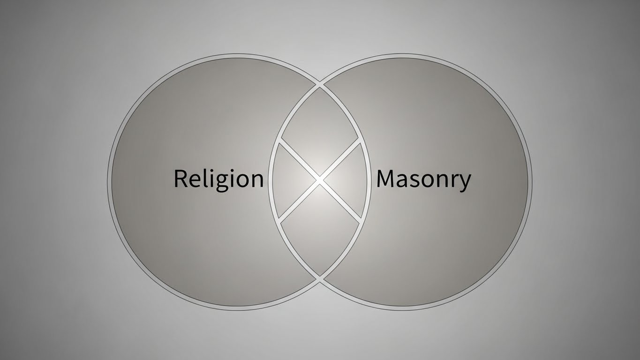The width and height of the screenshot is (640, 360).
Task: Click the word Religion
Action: click(218, 179)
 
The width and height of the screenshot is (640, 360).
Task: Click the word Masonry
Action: click(423, 179)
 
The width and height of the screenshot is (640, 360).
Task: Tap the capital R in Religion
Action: click(181, 179)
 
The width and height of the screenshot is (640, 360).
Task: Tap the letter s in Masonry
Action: click(416, 180)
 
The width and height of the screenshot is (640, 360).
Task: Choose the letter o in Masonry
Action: click(430, 180)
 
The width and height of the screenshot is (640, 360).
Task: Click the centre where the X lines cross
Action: click(319, 180)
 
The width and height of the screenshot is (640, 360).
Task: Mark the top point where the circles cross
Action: click(320, 85)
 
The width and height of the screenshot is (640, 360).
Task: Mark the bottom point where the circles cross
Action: click(320, 280)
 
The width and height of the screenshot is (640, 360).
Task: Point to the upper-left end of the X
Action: click(279, 140)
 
